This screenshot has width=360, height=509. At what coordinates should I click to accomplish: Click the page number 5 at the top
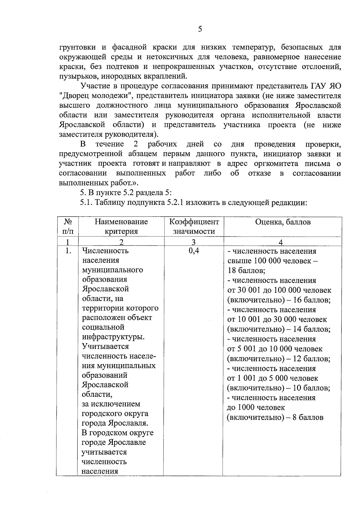(x=200, y=29)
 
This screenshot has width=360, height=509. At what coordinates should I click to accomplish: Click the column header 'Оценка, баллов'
(x=283, y=222)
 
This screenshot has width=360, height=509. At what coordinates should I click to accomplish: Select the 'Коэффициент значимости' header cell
(x=194, y=226)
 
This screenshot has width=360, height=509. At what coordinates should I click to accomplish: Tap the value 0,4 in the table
(x=194, y=251)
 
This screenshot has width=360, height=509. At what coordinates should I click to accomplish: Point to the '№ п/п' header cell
(x=67, y=226)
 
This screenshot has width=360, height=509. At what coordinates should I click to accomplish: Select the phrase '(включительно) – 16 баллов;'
(x=279, y=300)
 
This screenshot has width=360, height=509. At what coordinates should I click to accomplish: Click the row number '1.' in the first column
(x=68, y=251)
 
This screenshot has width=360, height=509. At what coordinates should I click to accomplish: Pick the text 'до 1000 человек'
(x=256, y=407)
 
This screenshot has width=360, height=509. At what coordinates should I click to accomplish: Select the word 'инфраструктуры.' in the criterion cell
(x=113, y=337)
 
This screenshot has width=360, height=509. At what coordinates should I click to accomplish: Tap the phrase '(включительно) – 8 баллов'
(x=275, y=417)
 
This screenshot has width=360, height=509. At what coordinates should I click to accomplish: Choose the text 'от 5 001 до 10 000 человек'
(x=275, y=349)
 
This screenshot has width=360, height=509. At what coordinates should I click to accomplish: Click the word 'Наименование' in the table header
(x=121, y=222)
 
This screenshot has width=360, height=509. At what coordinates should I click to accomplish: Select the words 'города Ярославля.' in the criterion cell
(x=115, y=423)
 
